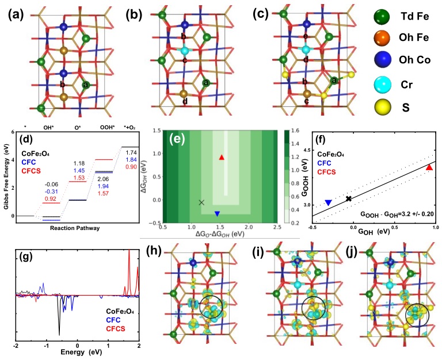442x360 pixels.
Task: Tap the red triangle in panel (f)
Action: tap(429, 167)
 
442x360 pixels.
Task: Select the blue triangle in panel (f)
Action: tap(328, 202)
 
